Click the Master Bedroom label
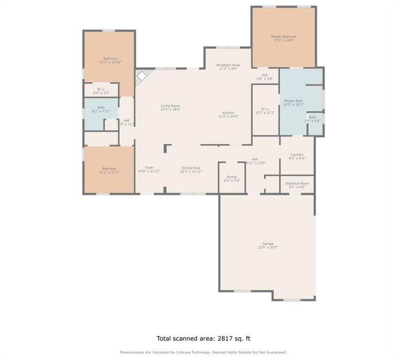(x=283, y=37)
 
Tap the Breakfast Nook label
(x=228, y=65)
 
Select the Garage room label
(x=268, y=244)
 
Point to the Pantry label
(x=232, y=177)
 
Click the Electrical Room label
(x=297, y=183)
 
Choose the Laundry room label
(x=297, y=155)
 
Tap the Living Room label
(x=170, y=106)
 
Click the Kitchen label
(x=228, y=113)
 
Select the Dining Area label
(x=191, y=168)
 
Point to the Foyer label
(x=149, y=168)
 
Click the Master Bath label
(x=293, y=101)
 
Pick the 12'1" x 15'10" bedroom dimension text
(x=110, y=62)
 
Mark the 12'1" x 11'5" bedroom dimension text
(x=109, y=172)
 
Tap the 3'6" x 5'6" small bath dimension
(x=312, y=121)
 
